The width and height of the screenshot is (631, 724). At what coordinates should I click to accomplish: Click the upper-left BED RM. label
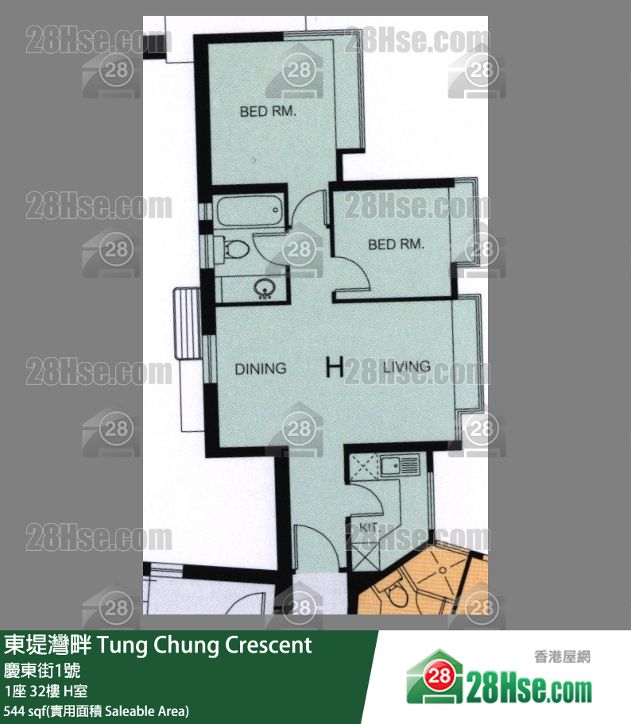[268, 112]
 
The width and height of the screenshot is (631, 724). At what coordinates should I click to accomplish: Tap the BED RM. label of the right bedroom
[396, 245]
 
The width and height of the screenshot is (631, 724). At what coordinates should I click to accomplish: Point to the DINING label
[260, 369]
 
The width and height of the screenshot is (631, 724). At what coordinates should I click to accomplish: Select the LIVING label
[406, 367]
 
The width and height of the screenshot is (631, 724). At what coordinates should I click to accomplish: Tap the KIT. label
[368, 527]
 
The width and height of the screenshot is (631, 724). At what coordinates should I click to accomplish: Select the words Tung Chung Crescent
[205, 645]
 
